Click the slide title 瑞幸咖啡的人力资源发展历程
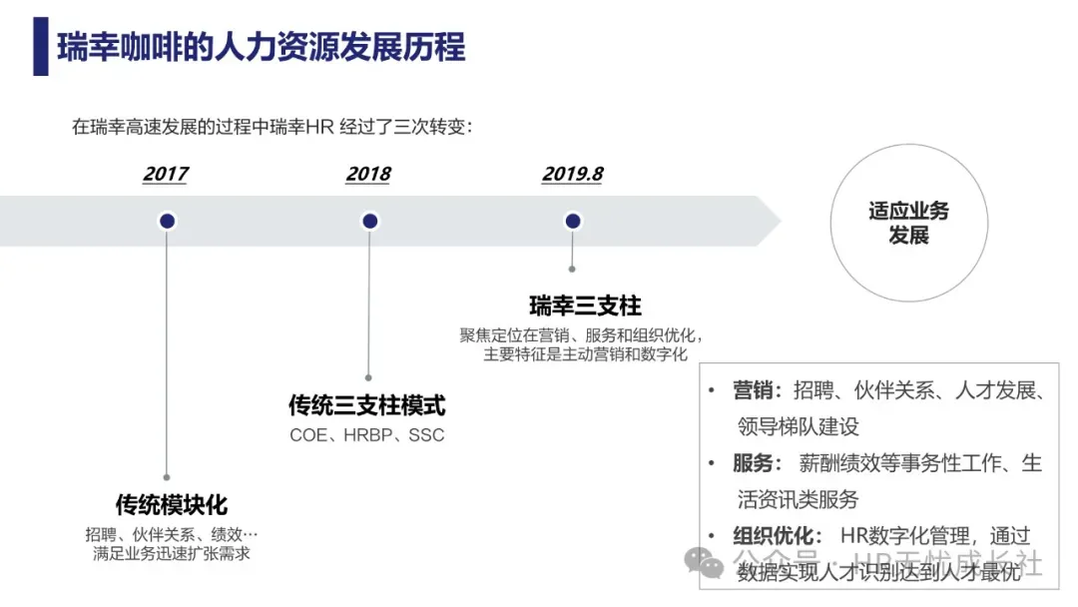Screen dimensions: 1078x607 point(262,46)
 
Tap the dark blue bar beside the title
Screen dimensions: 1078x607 point(40,46)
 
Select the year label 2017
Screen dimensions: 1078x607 point(165,174)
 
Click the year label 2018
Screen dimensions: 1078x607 point(368,174)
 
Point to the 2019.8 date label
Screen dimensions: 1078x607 point(572,174)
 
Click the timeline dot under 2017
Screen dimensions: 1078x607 point(167,221)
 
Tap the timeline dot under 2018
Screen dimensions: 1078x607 point(369,221)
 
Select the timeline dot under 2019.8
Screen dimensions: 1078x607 point(572,221)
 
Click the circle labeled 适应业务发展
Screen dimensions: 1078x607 point(908,223)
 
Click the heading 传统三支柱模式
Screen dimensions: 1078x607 point(367,405)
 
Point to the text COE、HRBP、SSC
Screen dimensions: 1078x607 point(367,435)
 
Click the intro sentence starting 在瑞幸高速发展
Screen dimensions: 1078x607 point(271,127)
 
